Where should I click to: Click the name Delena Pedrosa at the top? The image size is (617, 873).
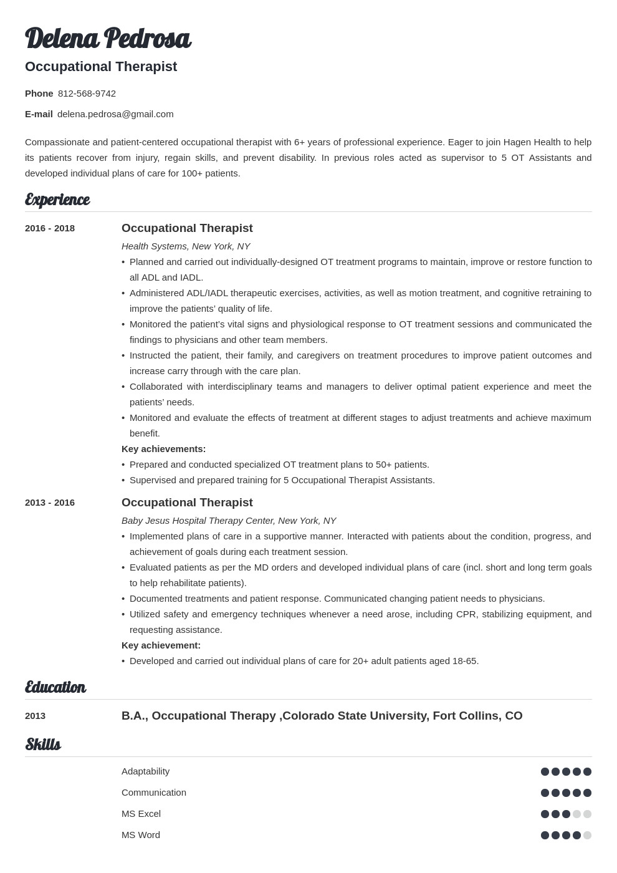pyautogui.click(x=107, y=39)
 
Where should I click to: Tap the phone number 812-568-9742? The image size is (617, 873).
pyautogui.click(x=87, y=94)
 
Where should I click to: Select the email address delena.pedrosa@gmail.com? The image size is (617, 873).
pyautogui.click(x=115, y=114)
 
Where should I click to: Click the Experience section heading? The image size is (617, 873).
pyautogui.click(x=57, y=200)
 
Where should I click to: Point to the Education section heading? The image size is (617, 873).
pyautogui.click(x=55, y=687)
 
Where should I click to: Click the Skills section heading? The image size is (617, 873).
pyautogui.click(x=42, y=745)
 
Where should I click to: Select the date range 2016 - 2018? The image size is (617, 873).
pyautogui.click(x=50, y=228)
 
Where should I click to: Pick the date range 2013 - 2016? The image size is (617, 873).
pyautogui.click(x=50, y=503)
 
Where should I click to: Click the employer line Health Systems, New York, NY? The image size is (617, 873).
pyautogui.click(x=186, y=246)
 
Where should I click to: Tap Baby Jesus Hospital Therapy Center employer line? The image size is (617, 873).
pyautogui.click(x=229, y=521)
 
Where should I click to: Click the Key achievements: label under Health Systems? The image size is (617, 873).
pyautogui.click(x=163, y=449)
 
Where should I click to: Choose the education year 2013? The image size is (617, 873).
pyautogui.click(x=35, y=716)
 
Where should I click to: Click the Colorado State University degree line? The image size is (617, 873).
pyautogui.click(x=322, y=716)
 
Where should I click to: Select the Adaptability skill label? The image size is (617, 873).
pyautogui.click(x=145, y=771)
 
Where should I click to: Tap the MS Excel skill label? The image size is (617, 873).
pyautogui.click(x=141, y=814)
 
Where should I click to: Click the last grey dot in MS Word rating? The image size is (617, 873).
pyautogui.click(x=587, y=835)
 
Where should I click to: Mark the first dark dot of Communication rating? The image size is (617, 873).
pyautogui.click(x=545, y=793)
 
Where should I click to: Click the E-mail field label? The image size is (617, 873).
pyautogui.click(x=39, y=114)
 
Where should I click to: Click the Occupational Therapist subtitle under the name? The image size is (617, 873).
pyautogui.click(x=101, y=67)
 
